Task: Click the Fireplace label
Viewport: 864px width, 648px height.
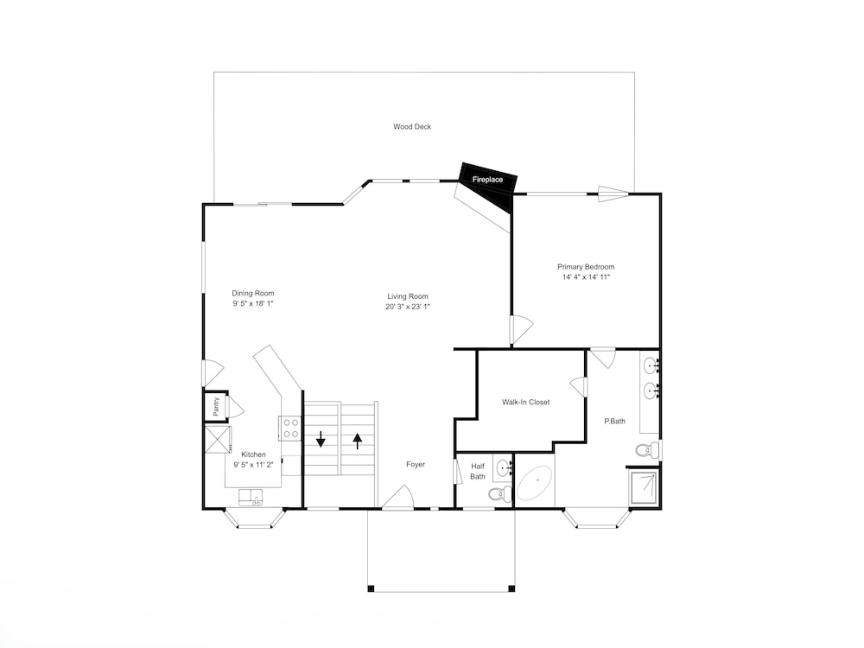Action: (x=487, y=180)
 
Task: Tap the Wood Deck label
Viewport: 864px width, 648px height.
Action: (x=412, y=127)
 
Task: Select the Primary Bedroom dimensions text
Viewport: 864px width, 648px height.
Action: (x=586, y=277)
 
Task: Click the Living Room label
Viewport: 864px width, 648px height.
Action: (x=408, y=296)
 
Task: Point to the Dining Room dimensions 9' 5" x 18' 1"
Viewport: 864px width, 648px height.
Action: (x=253, y=303)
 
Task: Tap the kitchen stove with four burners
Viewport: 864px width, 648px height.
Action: (x=289, y=429)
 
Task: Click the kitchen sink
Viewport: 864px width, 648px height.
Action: (x=251, y=498)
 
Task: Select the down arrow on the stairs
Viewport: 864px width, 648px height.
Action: (x=321, y=439)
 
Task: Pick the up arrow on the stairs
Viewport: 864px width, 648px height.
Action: (x=358, y=441)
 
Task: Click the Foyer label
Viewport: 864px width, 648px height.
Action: (x=416, y=465)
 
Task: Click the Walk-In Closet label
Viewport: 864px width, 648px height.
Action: (x=525, y=403)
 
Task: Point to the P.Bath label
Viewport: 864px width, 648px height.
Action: (x=615, y=421)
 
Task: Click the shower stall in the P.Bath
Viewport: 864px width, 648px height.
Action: (x=644, y=487)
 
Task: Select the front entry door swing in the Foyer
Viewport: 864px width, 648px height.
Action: (x=397, y=497)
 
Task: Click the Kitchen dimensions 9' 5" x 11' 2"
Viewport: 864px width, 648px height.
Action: (x=253, y=465)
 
